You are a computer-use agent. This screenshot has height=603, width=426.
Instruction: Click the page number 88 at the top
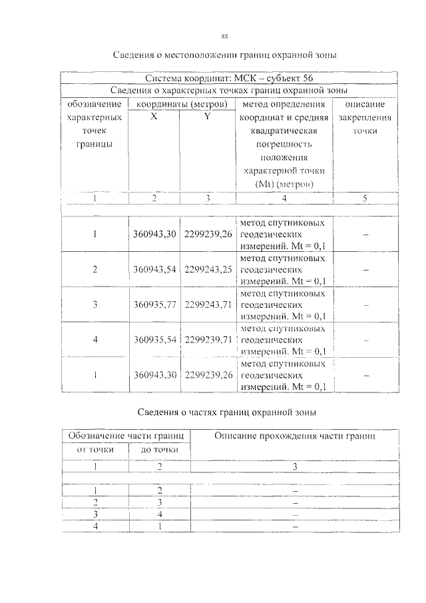225,36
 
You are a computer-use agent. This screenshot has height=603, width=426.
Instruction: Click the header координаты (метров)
182,104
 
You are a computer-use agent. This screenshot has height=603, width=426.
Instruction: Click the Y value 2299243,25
208,269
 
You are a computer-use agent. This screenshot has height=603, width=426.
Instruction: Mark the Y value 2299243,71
208,304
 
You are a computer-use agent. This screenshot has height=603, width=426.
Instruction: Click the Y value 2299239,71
208,339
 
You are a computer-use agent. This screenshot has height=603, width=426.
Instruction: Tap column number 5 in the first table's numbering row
363,198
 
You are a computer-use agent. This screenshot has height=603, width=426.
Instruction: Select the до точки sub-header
160,450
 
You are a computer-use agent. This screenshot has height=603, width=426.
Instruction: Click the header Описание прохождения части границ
294,437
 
